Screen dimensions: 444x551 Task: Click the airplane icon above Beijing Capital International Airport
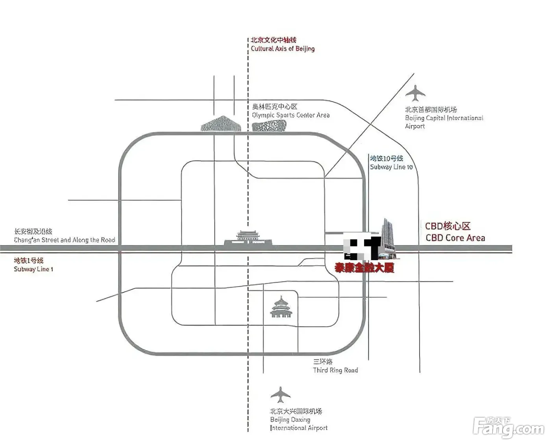415,93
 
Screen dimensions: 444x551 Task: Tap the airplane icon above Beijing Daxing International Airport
280,394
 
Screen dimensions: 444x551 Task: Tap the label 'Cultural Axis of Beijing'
283,49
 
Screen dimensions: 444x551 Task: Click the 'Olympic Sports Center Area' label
290,115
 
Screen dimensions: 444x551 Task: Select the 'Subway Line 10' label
391,167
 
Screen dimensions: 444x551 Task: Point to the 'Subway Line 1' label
33,269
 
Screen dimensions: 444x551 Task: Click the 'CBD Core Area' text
455,238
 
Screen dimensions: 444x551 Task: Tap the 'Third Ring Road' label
335,370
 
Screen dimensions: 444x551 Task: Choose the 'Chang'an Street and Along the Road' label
65,240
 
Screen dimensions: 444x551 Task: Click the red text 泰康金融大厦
364,268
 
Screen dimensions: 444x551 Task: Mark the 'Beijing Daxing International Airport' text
298,424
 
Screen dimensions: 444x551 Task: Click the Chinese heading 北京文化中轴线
274,40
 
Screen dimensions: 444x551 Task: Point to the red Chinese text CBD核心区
447,226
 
